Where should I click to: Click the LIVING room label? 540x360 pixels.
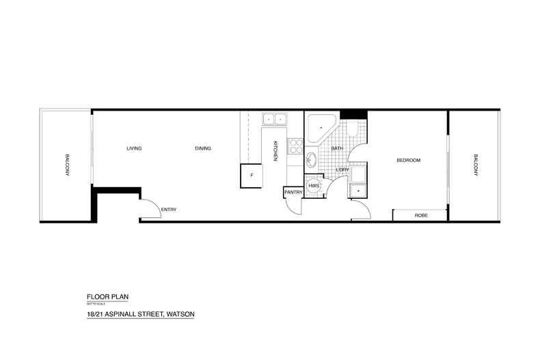click(134, 148)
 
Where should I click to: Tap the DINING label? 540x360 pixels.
click(203, 148)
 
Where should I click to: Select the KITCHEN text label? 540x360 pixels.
click(275, 151)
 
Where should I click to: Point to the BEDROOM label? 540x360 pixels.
click(409, 161)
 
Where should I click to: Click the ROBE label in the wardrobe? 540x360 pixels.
click(421, 216)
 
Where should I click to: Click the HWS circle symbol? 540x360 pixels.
click(314, 186)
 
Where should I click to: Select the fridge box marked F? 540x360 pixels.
click(252, 176)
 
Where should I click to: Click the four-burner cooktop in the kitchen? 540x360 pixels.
click(295, 146)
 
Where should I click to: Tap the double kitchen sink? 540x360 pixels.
click(275, 120)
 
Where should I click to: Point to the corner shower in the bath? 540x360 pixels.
click(319, 128)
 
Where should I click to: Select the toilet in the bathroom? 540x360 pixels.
click(353, 129)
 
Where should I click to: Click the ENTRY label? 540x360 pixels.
click(168, 209)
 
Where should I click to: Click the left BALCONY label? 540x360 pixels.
click(68, 165)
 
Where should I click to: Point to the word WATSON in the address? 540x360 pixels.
click(183, 315)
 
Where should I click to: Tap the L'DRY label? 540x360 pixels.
click(342, 169)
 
